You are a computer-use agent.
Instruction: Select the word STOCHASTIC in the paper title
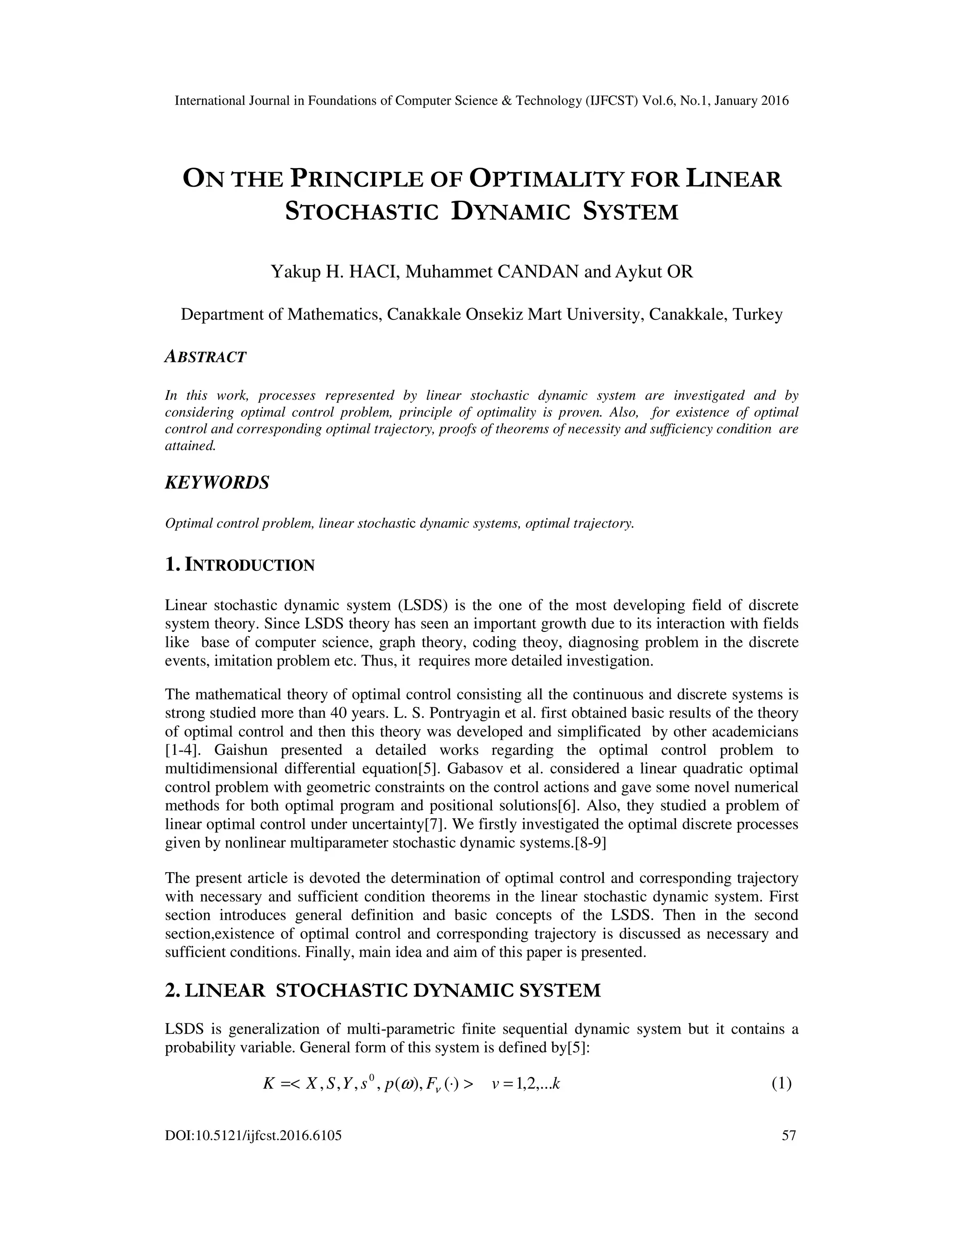361,212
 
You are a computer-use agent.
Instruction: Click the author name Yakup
293,272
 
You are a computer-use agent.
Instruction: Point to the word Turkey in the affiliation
757,314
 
